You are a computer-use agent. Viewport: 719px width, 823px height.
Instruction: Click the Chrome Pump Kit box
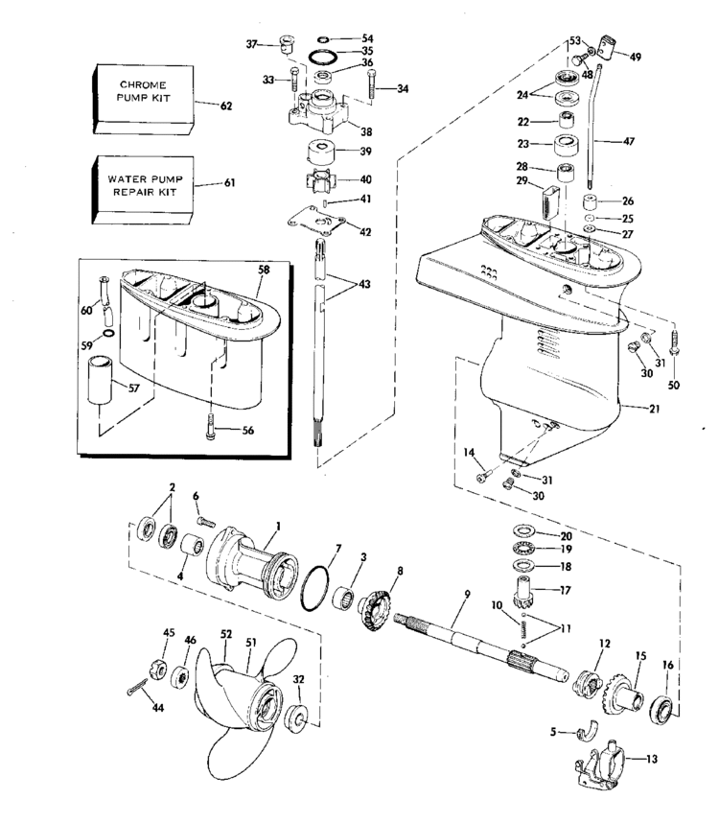point(143,99)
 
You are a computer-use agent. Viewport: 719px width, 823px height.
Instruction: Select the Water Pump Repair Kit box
point(143,189)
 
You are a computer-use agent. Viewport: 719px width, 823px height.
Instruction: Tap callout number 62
point(226,106)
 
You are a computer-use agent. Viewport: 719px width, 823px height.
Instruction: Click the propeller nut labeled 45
point(159,670)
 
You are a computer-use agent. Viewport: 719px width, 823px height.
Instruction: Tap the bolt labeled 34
point(372,84)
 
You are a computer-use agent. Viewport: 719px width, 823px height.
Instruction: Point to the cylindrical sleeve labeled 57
point(100,380)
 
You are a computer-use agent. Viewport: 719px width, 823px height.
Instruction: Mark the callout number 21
point(654,408)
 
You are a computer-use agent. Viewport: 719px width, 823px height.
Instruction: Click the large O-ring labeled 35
point(322,56)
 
